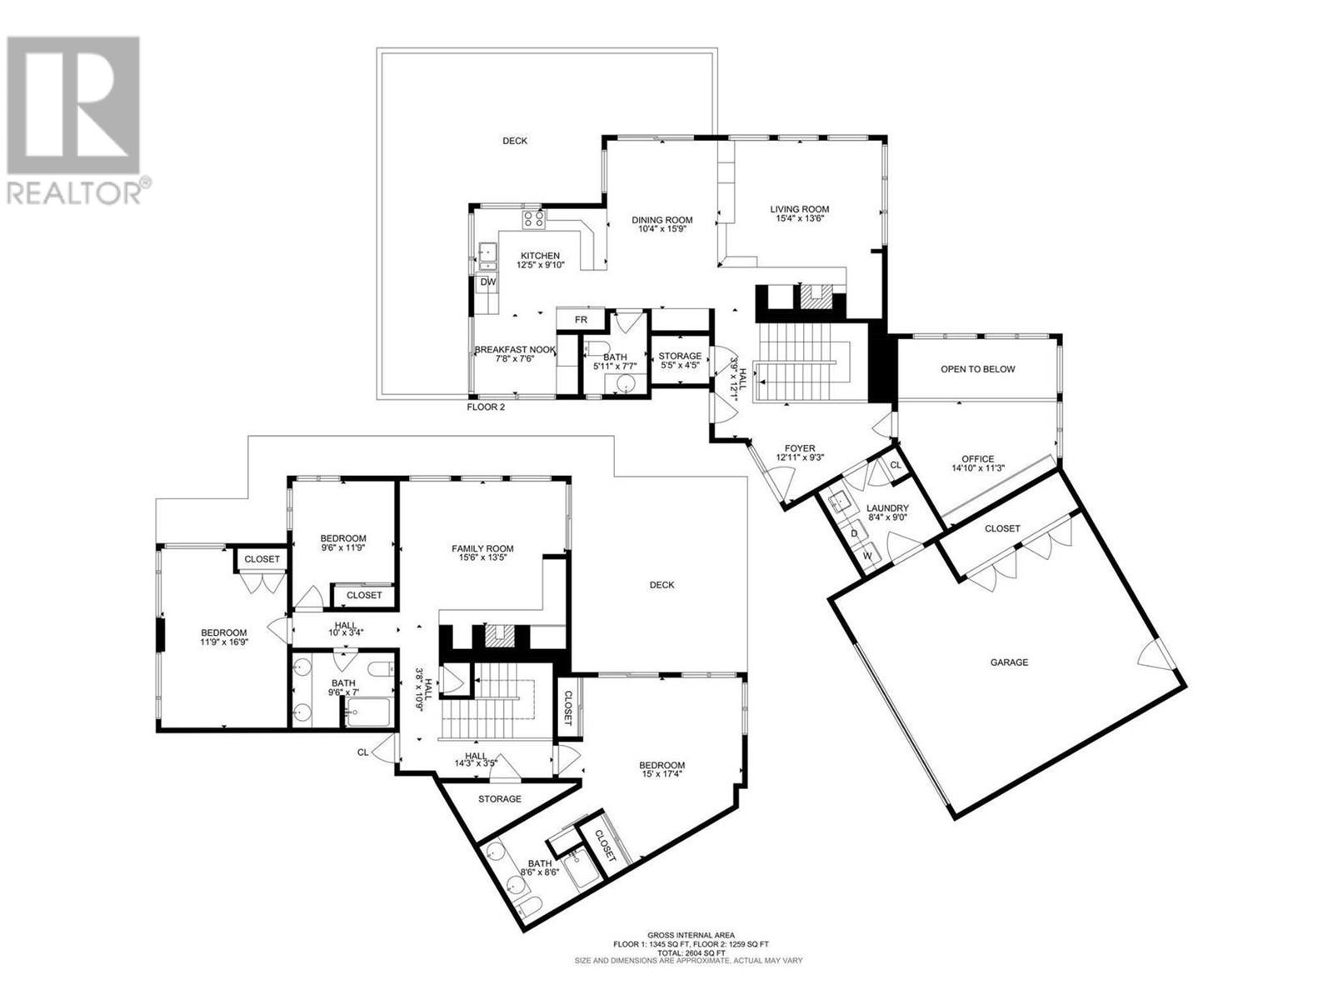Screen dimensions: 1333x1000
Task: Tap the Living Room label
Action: click(x=799, y=209)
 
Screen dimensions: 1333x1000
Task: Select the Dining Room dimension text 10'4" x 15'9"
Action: click(x=662, y=229)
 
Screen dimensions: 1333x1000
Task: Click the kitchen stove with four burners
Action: click(x=534, y=219)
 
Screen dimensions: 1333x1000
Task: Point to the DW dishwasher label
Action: click(x=487, y=282)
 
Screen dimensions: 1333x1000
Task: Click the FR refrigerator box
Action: click(x=581, y=319)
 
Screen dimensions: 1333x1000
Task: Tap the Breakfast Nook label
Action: click(x=515, y=350)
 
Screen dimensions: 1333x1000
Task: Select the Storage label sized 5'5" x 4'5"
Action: click(x=680, y=356)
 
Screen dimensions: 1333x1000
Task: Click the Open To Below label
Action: click(x=977, y=368)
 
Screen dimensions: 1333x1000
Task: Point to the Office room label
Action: click(x=978, y=459)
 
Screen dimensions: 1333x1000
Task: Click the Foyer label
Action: click(x=800, y=448)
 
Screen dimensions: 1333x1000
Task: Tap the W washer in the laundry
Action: click(x=867, y=556)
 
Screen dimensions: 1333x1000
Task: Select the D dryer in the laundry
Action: click(x=854, y=533)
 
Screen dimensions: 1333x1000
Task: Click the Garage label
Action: click(x=1009, y=662)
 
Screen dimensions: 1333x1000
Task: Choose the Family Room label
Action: click(x=482, y=549)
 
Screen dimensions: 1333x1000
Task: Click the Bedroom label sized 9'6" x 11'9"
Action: click(x=343, y=538)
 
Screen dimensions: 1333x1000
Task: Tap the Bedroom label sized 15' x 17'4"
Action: click(x=662, y=766)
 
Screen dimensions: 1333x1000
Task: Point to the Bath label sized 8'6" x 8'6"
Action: click(x=540, y=863)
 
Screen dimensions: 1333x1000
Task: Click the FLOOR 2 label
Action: click(x=485, y=407)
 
